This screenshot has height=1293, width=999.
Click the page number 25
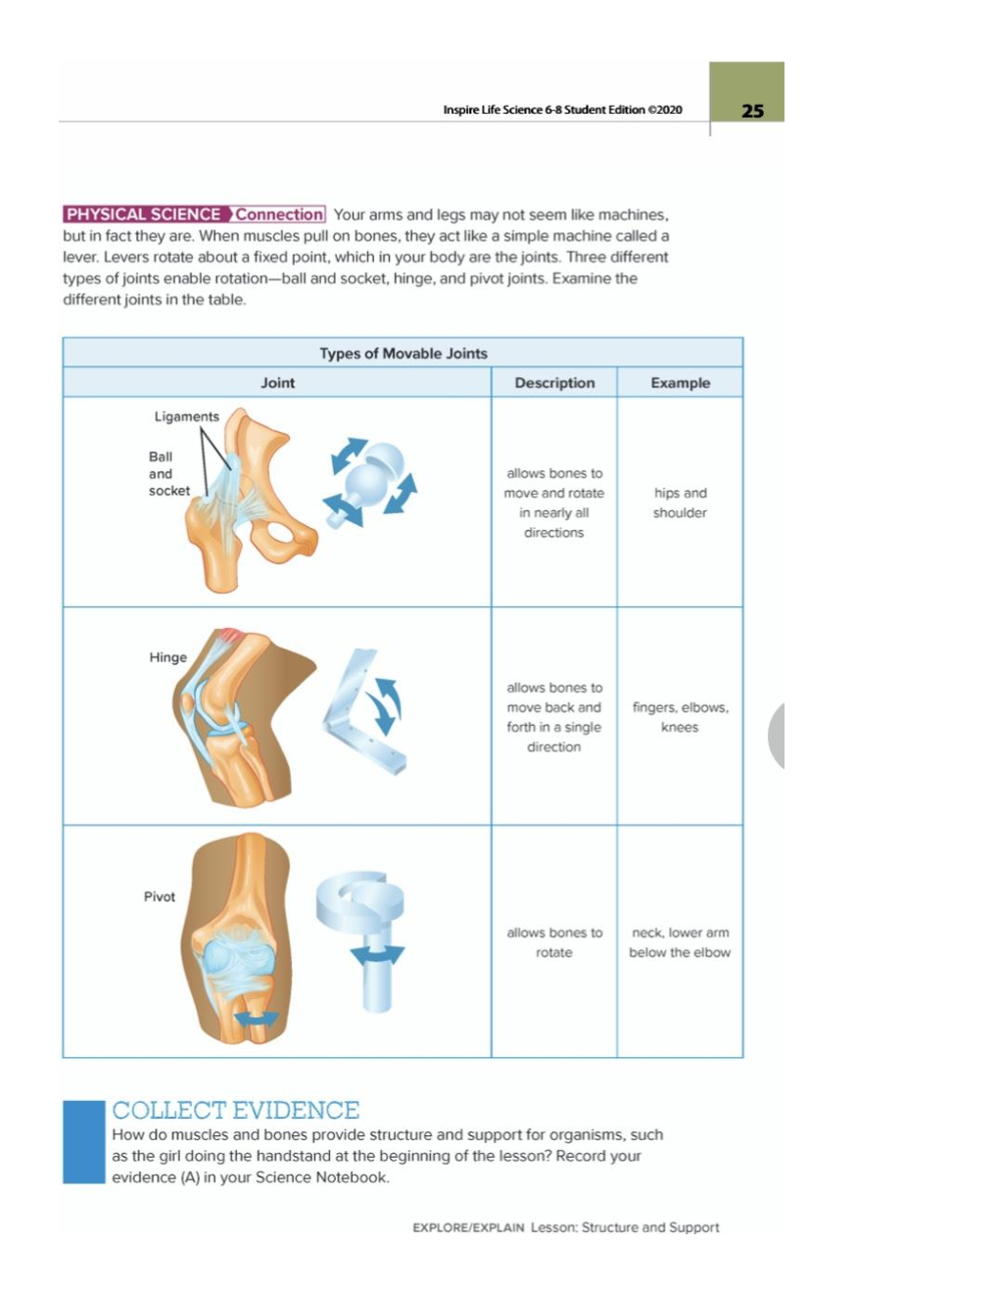752,112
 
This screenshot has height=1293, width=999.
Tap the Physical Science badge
194,215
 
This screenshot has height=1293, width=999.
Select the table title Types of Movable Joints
404,354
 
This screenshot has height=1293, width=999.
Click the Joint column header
277,383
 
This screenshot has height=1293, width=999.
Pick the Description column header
554,383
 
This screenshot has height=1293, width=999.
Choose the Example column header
680,383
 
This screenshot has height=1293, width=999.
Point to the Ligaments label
187,416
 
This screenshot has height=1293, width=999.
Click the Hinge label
167,657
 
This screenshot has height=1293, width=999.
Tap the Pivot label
160,896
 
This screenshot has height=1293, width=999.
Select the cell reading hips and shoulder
680,503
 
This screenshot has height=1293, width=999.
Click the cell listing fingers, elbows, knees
680,717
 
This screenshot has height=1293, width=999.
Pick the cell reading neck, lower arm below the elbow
680,942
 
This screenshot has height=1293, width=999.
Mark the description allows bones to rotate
554,942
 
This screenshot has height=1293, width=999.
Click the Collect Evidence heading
236,1111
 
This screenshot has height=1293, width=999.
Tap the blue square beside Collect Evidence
84,1142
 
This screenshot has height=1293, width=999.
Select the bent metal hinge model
364,712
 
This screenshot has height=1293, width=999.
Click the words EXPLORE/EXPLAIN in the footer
469,1227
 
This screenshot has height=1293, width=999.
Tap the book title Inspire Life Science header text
563,110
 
